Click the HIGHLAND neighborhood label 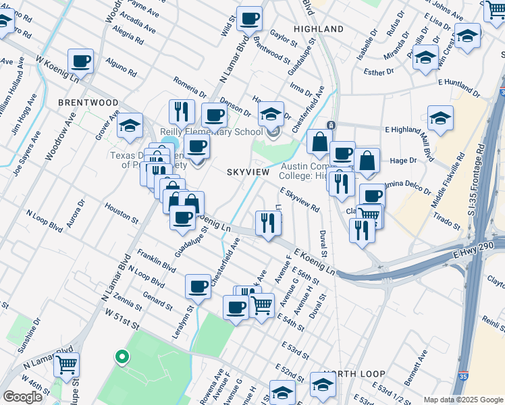pos(319,29)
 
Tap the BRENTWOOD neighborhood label pos(88,103)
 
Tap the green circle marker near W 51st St pos(122,356)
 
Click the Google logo pos(22,397)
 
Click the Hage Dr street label pos(404,161)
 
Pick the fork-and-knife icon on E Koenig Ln pos(268,223)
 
